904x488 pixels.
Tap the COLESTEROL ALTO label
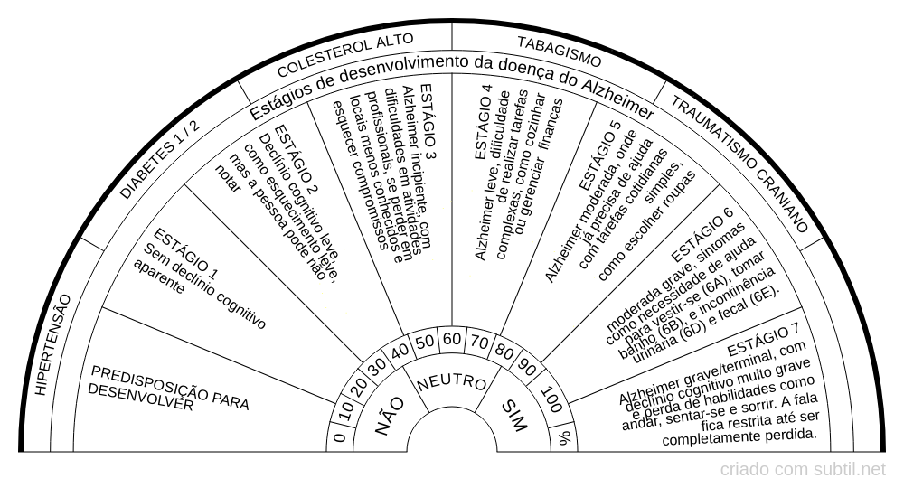pyautogui.click(x=344, y=55)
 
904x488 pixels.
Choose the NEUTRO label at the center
pyautogui.click(x=452, y=382)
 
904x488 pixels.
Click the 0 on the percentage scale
pyautogui.click(x=339, y=438)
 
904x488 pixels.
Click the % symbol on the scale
pyautogui.click(x=565, y=438)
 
